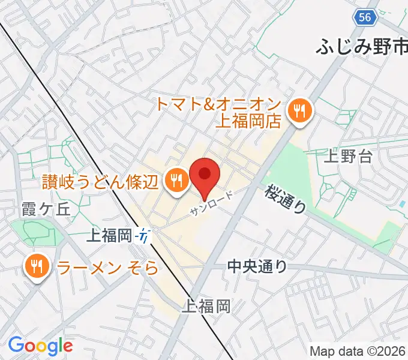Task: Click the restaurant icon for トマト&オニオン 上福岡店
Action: (x=298, y=111)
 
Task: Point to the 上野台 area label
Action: (x=348, y=157)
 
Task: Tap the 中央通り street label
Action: (x=257, y=266)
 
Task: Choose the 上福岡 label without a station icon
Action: (x=208, y=306)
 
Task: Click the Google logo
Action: (x=41, y=346)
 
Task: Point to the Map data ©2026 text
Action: (x=358, y=351)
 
